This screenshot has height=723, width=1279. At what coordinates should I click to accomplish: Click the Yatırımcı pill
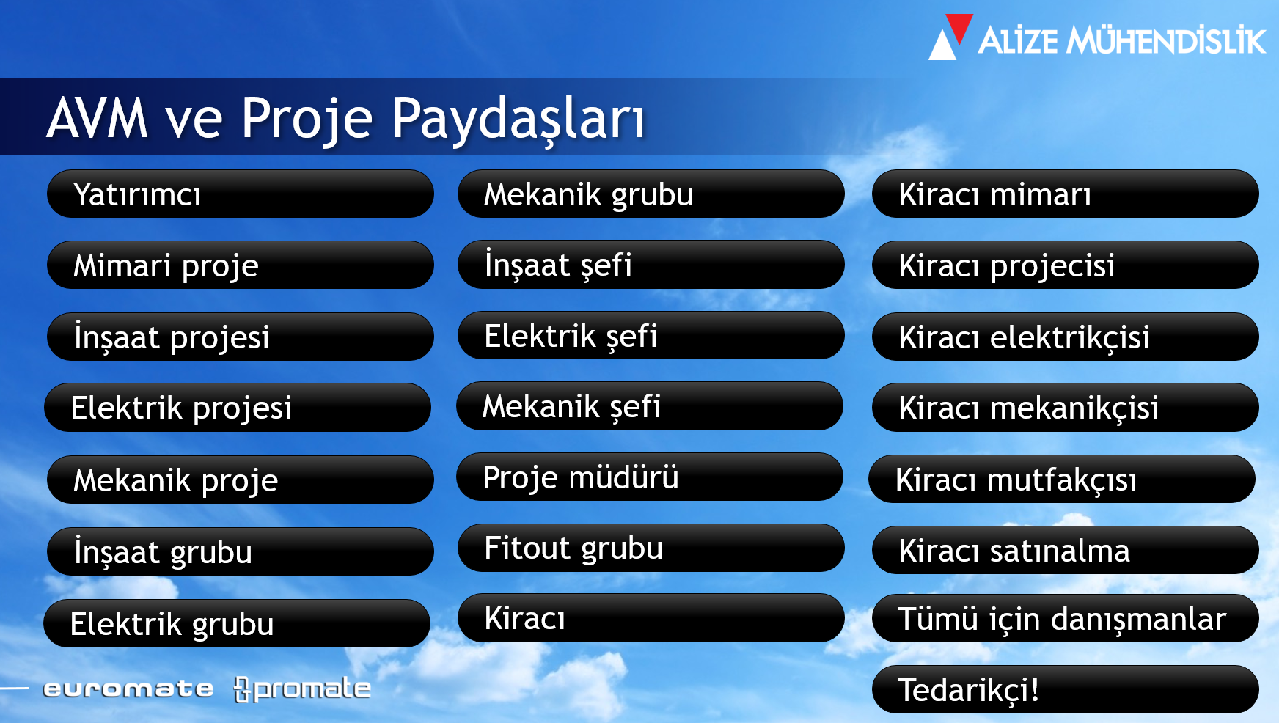tap(241, 194)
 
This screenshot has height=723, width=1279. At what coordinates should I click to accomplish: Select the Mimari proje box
tap(241, 265)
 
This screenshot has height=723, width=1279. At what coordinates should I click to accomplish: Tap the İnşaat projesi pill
tap(241, 337)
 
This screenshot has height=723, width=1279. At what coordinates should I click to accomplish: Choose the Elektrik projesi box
tap(238, 407)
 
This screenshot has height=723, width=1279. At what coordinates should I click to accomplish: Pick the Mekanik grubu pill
tap(651, 194)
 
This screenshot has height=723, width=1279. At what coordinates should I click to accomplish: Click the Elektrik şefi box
tap(651, 335)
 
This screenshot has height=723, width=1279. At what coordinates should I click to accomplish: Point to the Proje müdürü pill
tap(650, 477)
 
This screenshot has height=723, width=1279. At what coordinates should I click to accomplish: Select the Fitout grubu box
tap(651, 548)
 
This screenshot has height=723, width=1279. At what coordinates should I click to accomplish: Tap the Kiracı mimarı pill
tap(1066, 194)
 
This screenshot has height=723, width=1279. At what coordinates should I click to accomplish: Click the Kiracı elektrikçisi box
tap(1066, 337)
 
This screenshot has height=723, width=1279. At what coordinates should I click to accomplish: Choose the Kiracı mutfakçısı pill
tap(1062, 479)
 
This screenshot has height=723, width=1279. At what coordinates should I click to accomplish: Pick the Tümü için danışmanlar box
tap(1066, 618)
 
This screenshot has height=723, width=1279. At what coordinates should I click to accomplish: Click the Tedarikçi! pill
tap(1066, 689)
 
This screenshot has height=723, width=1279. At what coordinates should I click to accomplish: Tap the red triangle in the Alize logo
tap(959, 27)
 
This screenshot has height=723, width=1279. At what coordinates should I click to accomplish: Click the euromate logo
tap(128, 689)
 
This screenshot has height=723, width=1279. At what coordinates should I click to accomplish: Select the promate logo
tap(302, 689)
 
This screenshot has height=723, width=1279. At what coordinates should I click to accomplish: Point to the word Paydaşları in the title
tap(518, 117)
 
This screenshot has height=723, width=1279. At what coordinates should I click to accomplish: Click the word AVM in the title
tap(98, 117)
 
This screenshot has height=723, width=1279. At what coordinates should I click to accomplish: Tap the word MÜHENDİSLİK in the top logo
tap(1166, 40)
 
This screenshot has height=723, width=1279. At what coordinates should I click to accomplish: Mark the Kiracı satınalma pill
tap(1066, 550)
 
